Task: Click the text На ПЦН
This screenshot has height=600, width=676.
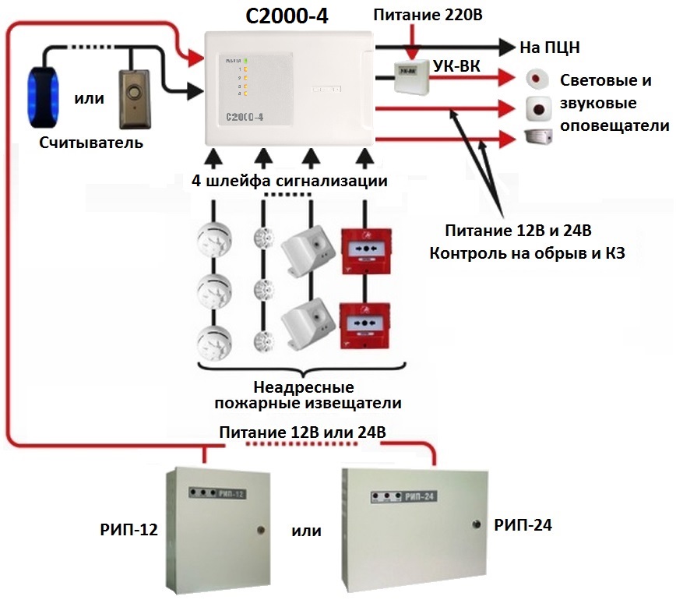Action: (550, 48)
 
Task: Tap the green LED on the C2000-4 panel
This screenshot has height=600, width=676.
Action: (246, 61)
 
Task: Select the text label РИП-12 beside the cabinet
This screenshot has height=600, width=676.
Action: (129, 531)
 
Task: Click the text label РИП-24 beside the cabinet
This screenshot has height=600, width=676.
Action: (523, 526)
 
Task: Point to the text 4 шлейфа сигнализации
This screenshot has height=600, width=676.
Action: (290, 182)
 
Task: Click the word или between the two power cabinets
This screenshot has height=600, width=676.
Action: (306, 531)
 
